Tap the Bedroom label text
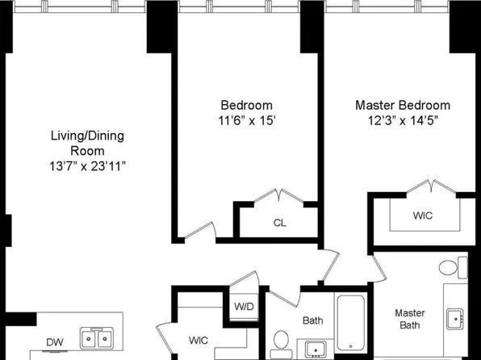pyautogui.click(x=246, y=105)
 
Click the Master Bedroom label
pyautogui.click(x=403, y=105)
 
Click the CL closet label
pyautogui.click(x=279, y=223)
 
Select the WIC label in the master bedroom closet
pyautogui.click(x=423, y=216)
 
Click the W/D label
pyautogui.click(x=243, y=307)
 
